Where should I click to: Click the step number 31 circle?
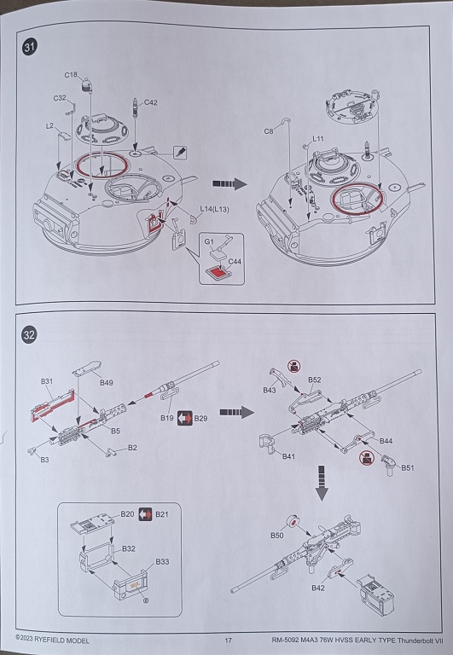[29, 46]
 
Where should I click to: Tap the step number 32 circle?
[29, 335]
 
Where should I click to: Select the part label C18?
[71, 75]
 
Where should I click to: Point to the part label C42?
[150, 102]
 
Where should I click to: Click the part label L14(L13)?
[214, 209]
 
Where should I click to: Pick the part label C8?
[269, 131]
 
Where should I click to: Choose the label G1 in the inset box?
[209, 241]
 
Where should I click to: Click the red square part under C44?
[218, 273]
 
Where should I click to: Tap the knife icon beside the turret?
[180, 152]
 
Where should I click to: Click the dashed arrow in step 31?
[229, 184]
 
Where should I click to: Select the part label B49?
[106, 382]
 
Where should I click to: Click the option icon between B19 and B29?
[185, 418]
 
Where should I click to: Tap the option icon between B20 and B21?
[145, 513]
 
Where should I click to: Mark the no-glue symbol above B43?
[294, 367]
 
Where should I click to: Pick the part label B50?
[277, 536]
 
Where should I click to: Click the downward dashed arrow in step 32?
[322, 483]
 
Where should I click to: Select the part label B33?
[162, 561]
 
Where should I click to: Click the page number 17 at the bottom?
[228, 640]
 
